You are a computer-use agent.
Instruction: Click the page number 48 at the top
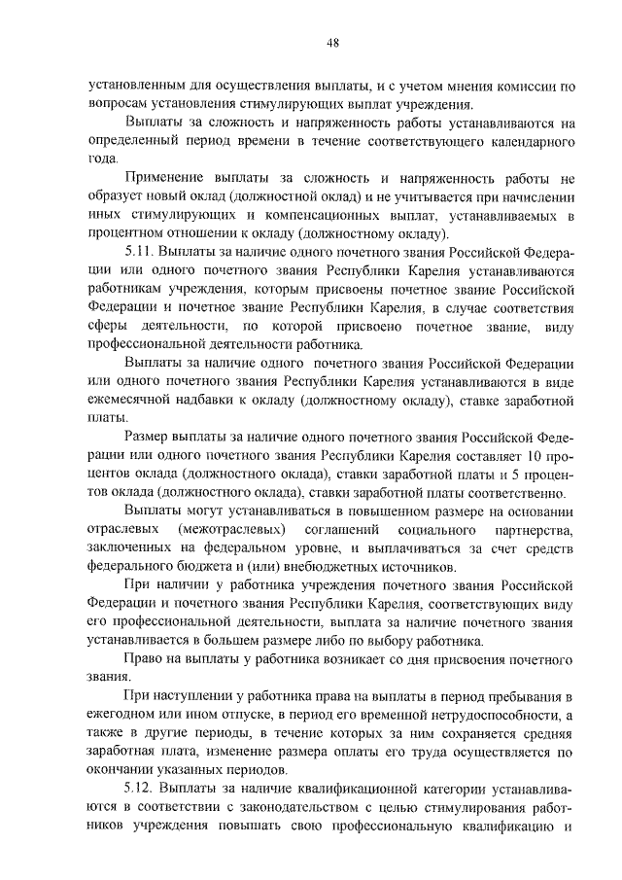(332, 42)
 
